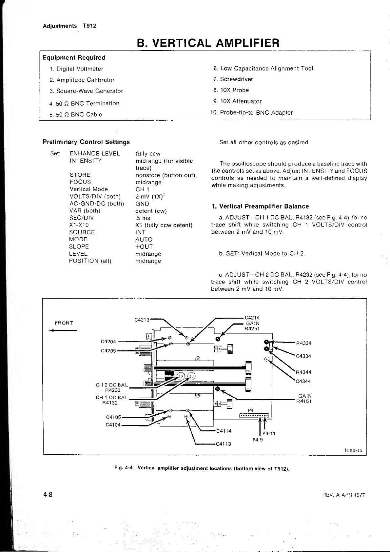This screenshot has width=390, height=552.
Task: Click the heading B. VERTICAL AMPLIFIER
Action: (208, 43)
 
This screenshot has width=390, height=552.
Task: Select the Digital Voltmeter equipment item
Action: (80, 69)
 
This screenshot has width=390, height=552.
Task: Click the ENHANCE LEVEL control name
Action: (95, 153)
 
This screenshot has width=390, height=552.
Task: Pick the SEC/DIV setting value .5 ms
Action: (143, 218)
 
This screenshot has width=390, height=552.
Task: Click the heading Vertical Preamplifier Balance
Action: (264, 206)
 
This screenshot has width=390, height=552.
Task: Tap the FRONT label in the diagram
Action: (64, 323)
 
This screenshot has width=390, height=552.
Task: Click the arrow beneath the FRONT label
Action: (63, 330)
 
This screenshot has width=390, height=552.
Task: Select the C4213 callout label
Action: (142, 320)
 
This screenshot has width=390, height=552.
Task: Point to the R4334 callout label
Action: (303, 343)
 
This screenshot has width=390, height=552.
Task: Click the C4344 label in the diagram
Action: (303, 381)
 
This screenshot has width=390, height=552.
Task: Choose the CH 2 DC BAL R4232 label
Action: (112, 387)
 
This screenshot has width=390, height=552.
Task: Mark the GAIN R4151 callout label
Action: (304, 399)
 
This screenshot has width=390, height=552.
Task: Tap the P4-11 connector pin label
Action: (269, 433)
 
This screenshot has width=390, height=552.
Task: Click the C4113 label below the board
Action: (224, 444)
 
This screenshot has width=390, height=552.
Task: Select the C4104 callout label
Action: (113, 425)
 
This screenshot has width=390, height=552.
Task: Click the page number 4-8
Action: (47, 495)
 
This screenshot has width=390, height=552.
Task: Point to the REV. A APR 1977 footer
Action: (343, 495)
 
